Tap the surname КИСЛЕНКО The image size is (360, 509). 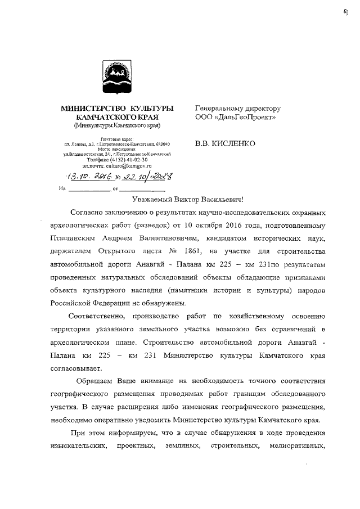[231, 143]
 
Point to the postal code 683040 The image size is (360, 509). [169, 145]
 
